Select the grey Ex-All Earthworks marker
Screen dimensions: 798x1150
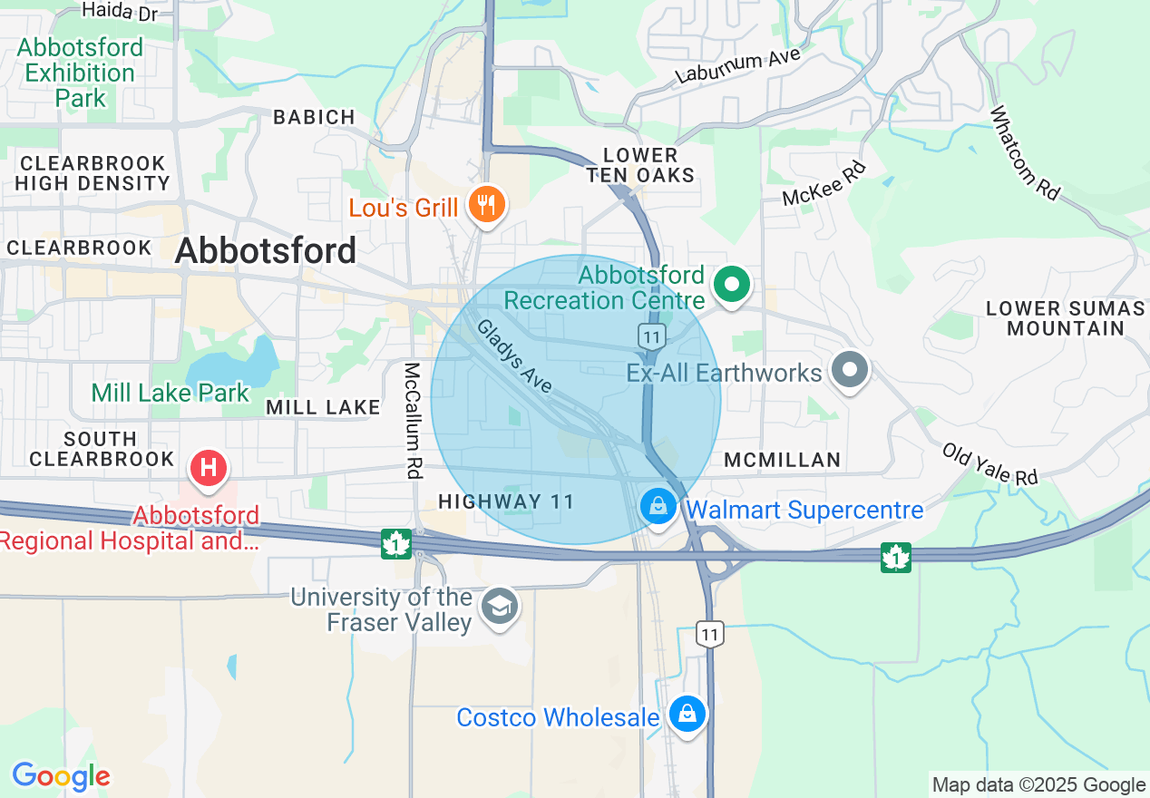click(851, 370)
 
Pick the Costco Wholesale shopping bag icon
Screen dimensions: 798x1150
click(687, 715)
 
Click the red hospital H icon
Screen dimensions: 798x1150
click(209, 468)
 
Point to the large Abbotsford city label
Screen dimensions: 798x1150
click(266, 251)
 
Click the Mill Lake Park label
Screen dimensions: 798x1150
click(170, 393)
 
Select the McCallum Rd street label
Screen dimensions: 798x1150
click(414, 420)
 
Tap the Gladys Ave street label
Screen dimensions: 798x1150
click(514, 356)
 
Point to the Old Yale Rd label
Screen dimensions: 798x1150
click(989, 463)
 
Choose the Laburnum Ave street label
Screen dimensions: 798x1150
click(738, 66)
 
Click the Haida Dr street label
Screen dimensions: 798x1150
click(120, 10)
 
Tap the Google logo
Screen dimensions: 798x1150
click(61, 776)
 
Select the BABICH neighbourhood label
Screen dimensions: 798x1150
click(314, 117)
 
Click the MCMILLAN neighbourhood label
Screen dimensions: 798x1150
click(783, 461)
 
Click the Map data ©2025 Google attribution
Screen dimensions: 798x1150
click(1038, 784)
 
